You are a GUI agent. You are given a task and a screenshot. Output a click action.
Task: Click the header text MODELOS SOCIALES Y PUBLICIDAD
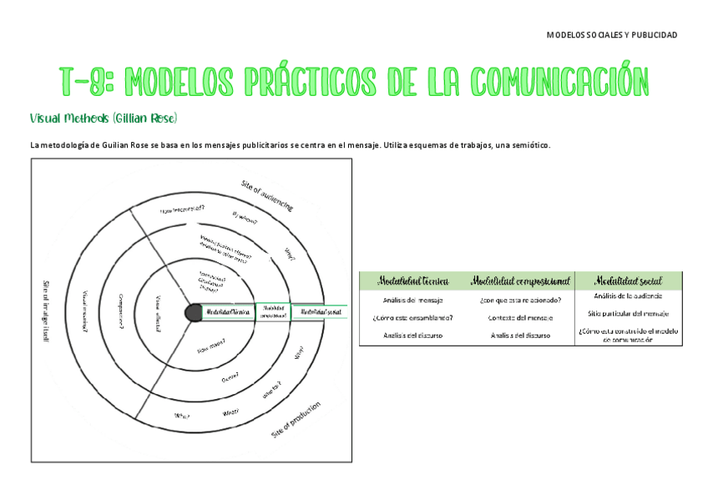coord(611,35)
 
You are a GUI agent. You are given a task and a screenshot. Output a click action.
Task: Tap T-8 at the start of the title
coord(82,82)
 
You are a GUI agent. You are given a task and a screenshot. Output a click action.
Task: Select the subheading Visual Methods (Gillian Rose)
coord(104,118)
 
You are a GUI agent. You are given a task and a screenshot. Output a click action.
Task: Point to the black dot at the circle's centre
coord(193,311)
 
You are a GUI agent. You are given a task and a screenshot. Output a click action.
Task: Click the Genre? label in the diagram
coord(230,377)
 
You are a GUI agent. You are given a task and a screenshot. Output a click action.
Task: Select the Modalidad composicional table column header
coord(519,280)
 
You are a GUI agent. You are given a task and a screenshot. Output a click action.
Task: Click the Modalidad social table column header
coord(628,280)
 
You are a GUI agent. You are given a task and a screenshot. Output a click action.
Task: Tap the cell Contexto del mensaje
coord(519,317)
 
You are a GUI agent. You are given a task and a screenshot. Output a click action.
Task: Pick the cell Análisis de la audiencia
coord(628,296)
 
